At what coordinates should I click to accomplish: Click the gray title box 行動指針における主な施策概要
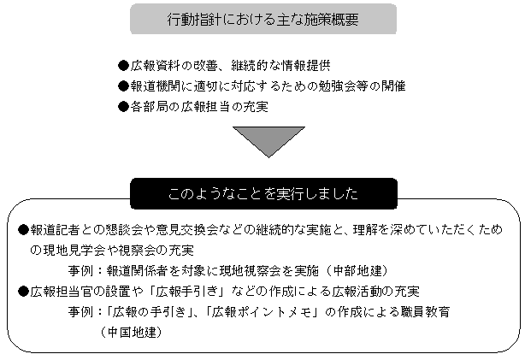coord(263,19)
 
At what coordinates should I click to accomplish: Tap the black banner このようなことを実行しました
coord(263,193)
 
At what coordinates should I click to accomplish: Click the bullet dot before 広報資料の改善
coord(123,65)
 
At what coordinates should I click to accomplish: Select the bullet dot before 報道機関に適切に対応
coord(123,86)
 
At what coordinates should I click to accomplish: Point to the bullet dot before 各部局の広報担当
coord(123,107)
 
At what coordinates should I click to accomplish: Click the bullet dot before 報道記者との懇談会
coord(23,230)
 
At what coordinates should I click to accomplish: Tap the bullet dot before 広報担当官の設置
coord(23,292)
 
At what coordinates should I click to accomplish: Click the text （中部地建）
coord(357,270)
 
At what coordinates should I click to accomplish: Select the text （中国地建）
coord(131,333)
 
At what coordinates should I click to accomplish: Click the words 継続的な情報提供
coord(280,66)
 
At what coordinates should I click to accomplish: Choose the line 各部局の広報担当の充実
coord(199,107)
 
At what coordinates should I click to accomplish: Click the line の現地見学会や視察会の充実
coord(112,251)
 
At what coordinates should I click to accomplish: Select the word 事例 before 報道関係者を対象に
coord(80,270)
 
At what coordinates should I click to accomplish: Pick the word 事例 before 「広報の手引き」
coord(80,312)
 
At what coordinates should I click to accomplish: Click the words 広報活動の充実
coord(375,292)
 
